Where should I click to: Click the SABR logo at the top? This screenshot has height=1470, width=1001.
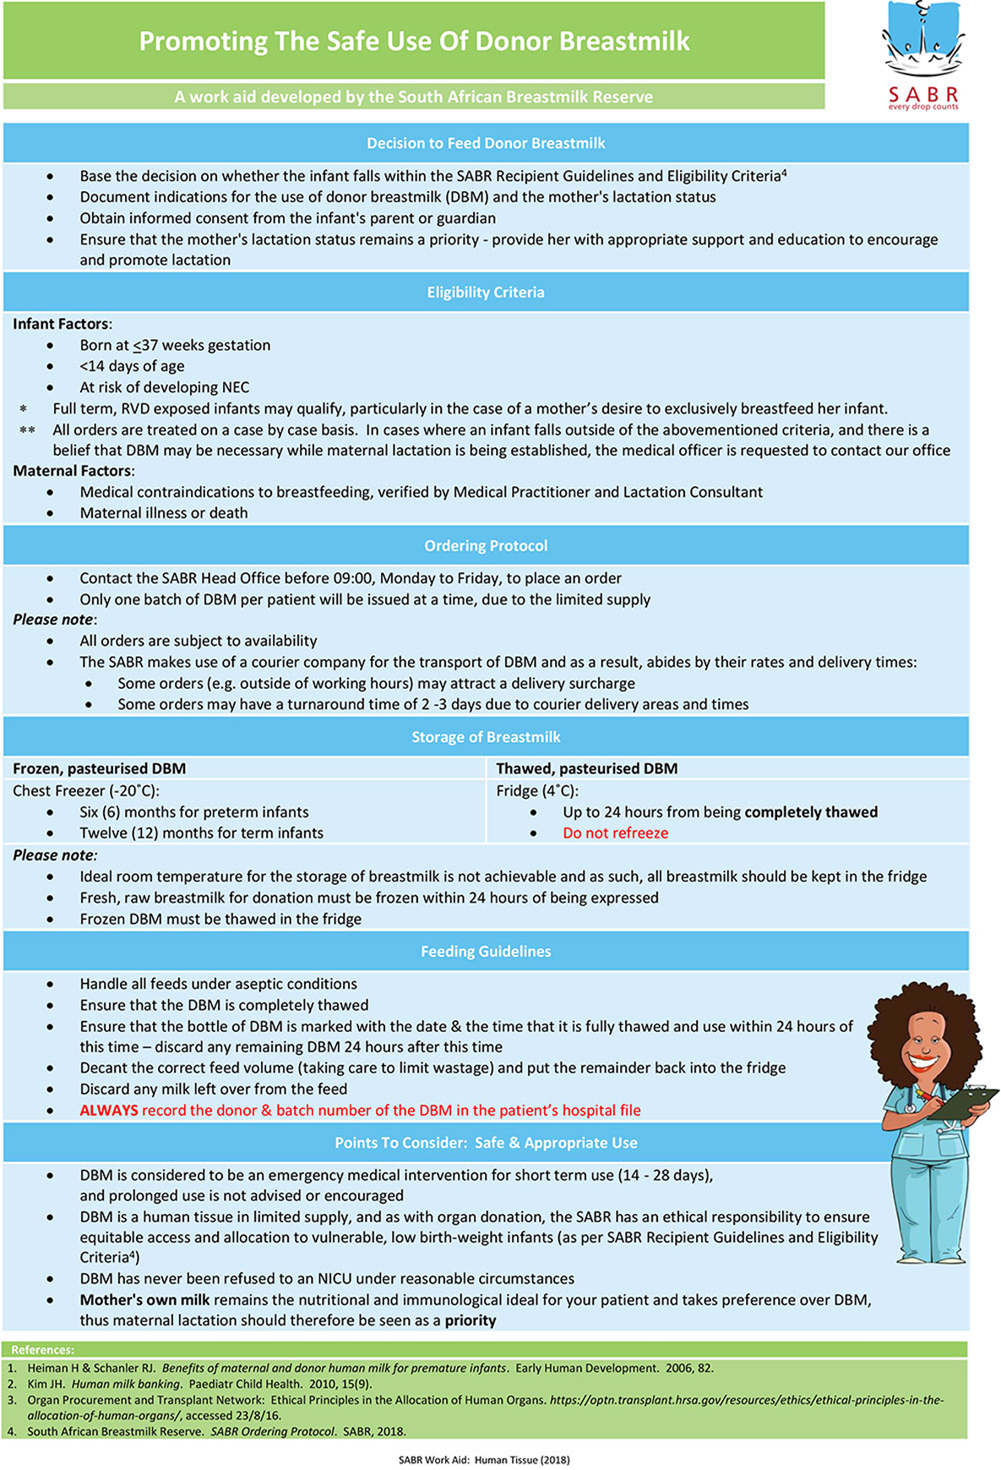pos(922,56)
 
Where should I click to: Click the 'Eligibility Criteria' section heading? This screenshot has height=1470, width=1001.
pos(486,292)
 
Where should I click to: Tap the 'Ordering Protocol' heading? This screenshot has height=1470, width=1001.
pos(486,546)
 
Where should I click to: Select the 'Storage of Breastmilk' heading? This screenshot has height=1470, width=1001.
pos(486,737)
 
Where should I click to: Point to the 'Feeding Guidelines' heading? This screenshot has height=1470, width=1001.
pos(486,952)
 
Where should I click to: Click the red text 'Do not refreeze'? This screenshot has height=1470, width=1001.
pos(615,833)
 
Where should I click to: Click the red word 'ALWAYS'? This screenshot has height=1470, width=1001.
pos(109,1111)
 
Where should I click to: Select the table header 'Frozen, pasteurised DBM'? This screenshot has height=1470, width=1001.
pos(99,768)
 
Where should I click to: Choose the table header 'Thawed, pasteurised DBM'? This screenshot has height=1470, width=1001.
pos(586,768)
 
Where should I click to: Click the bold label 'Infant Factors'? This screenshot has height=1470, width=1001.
pos(61,324)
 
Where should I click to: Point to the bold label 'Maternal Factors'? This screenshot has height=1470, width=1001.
pos(72,471)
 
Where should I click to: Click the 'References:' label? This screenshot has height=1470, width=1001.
pos(42,1350)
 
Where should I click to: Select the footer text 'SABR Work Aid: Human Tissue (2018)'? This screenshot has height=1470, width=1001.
pos(484,1460)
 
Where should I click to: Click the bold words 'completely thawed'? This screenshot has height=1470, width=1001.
pos(811,812)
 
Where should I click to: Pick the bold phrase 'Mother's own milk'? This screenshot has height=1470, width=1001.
pos(144,1300)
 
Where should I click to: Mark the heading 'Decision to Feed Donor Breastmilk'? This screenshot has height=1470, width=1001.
pos(486,144)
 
